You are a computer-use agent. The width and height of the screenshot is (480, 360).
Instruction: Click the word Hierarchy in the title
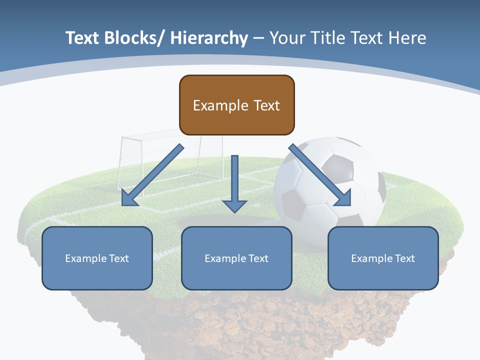209,38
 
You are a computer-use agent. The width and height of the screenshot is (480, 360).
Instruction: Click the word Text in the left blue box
118,258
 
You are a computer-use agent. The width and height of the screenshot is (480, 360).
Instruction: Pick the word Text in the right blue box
404,258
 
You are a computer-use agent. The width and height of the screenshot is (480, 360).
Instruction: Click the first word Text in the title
83,38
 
